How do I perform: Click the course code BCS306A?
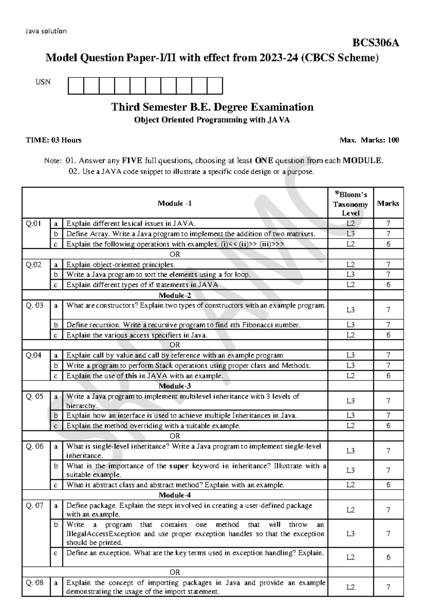coord(375,43)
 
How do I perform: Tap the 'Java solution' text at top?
coord(46,31)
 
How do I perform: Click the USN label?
coord(43,82)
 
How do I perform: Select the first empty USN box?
coord(75,86)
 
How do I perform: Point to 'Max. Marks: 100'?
coord(369,140)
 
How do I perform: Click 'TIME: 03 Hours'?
coord(53,140)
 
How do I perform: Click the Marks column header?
coord(388,204)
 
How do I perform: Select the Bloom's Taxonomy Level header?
coord(350,204)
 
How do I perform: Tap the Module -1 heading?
coord(175,204)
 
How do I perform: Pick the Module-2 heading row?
coord(175,295)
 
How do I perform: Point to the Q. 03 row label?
coord(35,305)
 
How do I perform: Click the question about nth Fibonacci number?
coord(183,325)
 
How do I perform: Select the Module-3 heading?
coord(175,386)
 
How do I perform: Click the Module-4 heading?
coord(175,495)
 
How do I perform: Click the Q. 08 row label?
coord(35,583)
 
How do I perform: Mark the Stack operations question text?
coord(188,366)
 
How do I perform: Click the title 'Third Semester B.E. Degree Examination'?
coord(212,107)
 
